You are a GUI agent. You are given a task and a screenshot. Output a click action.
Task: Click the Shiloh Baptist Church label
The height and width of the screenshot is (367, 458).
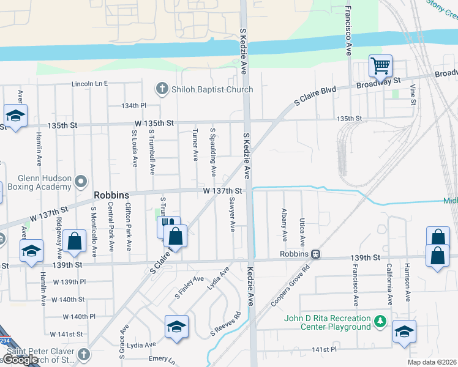tap(212, 90)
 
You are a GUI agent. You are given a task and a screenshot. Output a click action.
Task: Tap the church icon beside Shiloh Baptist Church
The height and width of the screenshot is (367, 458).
tap(162, 89)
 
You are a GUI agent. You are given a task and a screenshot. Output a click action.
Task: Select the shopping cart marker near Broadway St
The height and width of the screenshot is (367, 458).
tap(380, 65)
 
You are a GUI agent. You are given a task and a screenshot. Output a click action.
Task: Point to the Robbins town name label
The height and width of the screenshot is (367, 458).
tap(111, 195)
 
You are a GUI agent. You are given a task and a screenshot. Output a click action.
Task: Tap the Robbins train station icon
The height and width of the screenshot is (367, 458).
tap(315, 253)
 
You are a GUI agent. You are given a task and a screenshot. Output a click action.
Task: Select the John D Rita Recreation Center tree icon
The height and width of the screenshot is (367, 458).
tap(380, 321)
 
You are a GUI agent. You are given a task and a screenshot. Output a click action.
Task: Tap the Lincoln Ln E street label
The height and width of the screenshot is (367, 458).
tap(89, 83)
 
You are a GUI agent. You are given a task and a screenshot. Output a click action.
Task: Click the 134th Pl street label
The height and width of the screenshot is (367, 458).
tap(133, 106)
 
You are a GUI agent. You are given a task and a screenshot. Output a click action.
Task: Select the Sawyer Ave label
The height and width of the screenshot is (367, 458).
tap(232, 214)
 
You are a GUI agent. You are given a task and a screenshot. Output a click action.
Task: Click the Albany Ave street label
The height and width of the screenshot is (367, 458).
tap(285, 224)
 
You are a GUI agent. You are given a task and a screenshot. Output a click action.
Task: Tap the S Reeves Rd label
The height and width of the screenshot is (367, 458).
tap(226, 324)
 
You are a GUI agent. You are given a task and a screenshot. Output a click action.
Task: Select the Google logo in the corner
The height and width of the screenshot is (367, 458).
tap(21, 360)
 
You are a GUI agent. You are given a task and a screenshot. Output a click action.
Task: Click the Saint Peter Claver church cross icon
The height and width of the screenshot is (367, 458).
tap(84, 354)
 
